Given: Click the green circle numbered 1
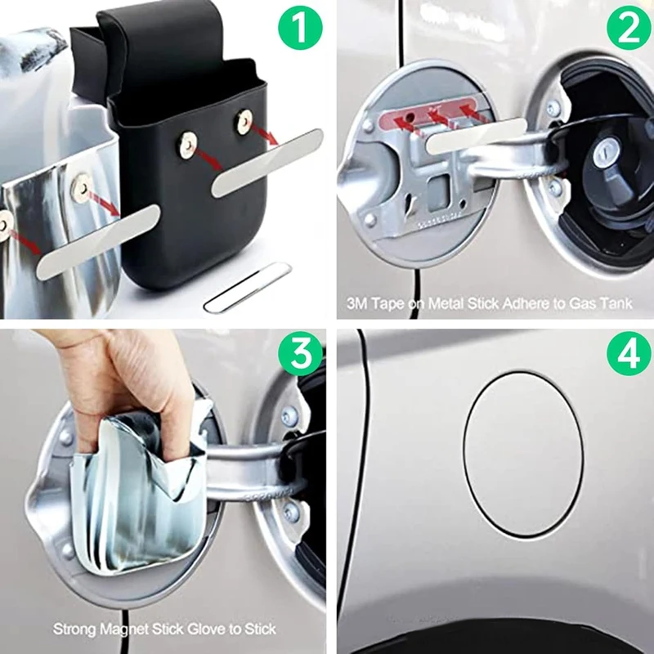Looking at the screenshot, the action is pyautogui.click(x=300, y=28).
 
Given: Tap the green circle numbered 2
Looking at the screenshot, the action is pyautogui.click(x=629, y=28).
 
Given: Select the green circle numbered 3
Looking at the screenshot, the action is pyautogui.click(x=301, y=354).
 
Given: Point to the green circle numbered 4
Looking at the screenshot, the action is pyautogui.click(x=629, y=354).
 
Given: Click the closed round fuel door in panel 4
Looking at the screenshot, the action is pyautogui.click(x=523, y=455).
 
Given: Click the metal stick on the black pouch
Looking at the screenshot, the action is pyautogui.click(x=267, y=163).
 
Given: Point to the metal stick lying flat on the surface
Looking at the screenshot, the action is pyautogui.click(x=246, y=287).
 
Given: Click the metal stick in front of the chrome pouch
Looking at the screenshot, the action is pyautogui.click(x=98, y=242).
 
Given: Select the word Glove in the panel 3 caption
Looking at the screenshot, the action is pyautogui.click(x=207, y=629).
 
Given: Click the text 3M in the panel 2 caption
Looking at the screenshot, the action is pyautogui.click(x=357, y=303).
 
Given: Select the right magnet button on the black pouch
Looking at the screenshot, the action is pyautogui.click(x=244, y=120).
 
